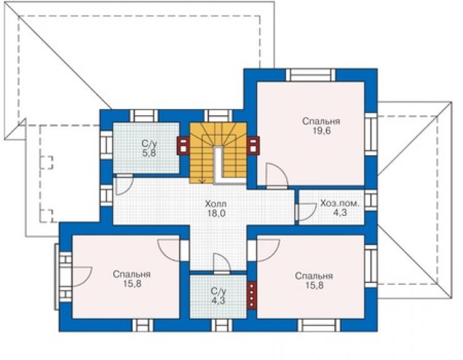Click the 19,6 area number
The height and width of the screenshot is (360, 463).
coord(322,131)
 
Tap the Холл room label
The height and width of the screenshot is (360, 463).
coord(216,203)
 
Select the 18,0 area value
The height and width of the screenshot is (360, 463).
coord(216,213)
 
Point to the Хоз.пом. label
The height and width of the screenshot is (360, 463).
coord(340,203)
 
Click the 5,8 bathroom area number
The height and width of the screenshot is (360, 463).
coord(149,153)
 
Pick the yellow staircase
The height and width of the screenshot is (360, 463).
coord(218,153)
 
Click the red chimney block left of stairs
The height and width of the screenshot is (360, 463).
coord(183,145)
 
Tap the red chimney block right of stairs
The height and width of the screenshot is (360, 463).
coord(253,145)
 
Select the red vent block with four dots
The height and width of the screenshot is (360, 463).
coord(252,295)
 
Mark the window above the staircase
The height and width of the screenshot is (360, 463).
coord(218,116)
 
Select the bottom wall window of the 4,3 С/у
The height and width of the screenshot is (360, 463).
coord(221,325)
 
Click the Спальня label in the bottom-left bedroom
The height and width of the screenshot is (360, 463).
coord(131,274)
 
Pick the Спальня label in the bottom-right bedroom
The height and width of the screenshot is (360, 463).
coord(314,276)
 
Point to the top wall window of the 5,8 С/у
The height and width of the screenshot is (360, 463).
coord(144,116)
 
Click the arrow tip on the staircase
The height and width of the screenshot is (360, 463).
coord(203,183)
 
